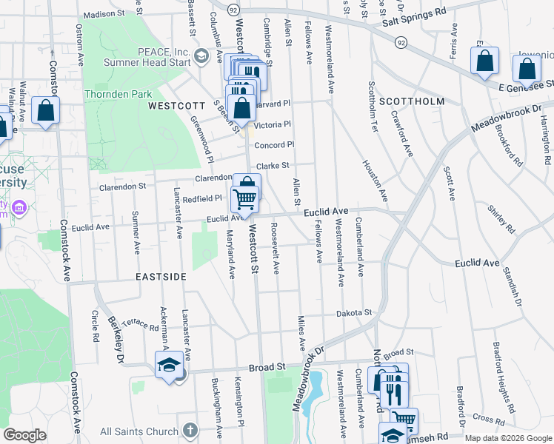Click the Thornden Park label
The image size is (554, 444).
pyautogui.click(x=119, y=94)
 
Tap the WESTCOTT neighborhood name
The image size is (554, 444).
pyautogui.click(x=176, y=106)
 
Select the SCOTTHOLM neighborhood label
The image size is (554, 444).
pyautogui.click(x=412, y=101)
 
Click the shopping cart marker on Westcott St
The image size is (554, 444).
pyautogui.click(x=244, y=198)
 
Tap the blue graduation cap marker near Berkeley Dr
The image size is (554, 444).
pyautogui.click(x=169, y=365)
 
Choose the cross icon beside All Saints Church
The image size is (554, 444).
pyautogui.click(x=190, y=431)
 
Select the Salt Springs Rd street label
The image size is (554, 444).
pyautogui.click(x=415, y=13)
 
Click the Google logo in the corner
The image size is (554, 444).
pyautogui.click(x=24, y=435)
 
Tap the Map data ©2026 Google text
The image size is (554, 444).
pyautogui.click(x=507, y=438)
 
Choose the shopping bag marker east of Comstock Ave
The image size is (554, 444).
pyautogui.click(x=46, y=112)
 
